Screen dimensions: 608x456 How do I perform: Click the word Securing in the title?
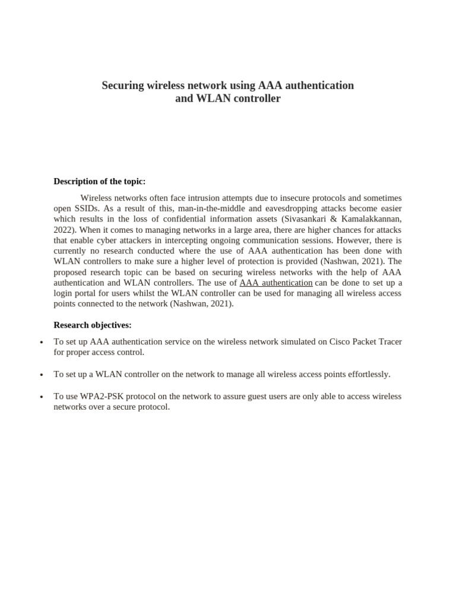click(123, 85)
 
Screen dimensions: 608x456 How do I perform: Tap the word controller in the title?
click(254, 99)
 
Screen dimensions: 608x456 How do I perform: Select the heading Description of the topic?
click(99, 181)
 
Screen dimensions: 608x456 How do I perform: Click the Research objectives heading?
click(93, 325)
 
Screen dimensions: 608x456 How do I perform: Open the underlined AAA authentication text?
click(275, 283)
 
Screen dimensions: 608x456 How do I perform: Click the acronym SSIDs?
click(88, 208)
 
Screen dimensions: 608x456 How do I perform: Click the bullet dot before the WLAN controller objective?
click(41, 375)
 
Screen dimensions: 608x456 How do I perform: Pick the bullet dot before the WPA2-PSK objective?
click(41, 397)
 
